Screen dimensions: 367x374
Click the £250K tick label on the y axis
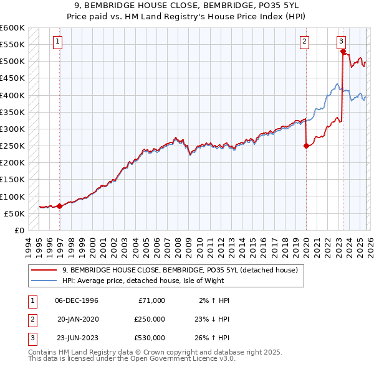(12, 146)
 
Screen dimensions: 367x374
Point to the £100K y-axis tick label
(12, 197)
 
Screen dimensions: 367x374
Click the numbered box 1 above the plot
(57, 42)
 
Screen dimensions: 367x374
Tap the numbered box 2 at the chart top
(304, 42)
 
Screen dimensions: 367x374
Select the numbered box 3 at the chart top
(342, 42)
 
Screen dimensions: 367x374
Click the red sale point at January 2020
(306, 146)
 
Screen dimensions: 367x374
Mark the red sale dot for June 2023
(343, 52)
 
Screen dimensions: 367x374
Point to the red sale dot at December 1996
(60, 206)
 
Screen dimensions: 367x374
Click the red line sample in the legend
(44, 270)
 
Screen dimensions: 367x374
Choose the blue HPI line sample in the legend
(44, 281)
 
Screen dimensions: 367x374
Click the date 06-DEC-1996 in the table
(77, 300)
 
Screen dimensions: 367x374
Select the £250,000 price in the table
(150, 318)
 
